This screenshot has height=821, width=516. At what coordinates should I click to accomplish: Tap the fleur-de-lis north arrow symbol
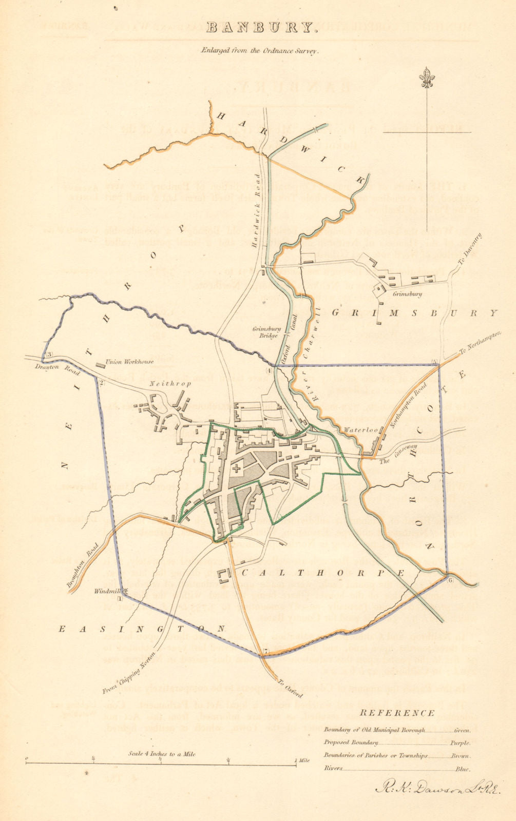coord(426,79)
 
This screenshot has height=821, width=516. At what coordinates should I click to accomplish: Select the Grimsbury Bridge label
coord(265,332)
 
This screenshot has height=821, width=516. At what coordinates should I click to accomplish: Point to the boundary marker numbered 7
coord(265,652)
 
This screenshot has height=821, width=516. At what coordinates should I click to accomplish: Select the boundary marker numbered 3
coord(49,355)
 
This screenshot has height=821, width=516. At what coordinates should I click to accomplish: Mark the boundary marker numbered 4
coord(269,369)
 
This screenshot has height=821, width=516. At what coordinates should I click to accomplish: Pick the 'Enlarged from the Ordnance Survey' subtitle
coord(260,51)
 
